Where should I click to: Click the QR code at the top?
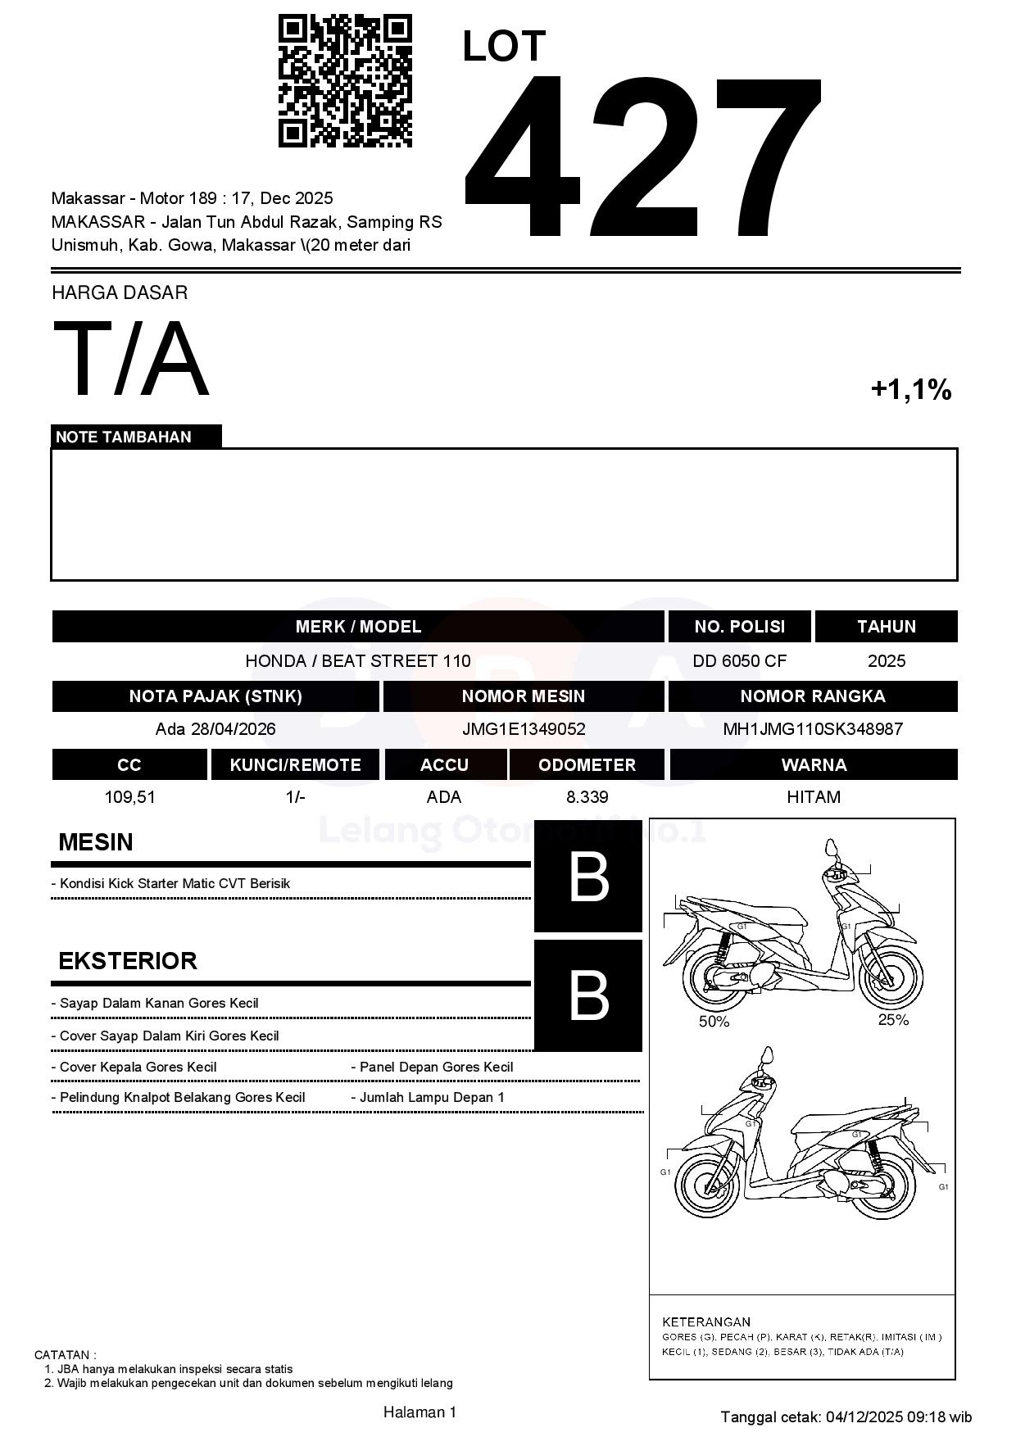[x=345, y=80]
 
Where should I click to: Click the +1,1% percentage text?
[x=910, y=390]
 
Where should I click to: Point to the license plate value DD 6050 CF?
[x=739, y=661]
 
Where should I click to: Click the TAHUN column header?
[x=886, y=627]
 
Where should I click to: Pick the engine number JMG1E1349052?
[x=524, y=729]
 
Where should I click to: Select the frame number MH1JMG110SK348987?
[x=813, y=729]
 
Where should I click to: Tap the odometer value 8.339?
[x=587, y=797]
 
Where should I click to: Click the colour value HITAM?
[x=813, y=797]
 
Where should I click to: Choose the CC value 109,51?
[x=129, y=797]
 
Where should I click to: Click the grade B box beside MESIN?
[x=588, y=877]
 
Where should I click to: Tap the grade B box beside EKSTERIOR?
[x=588, y=995]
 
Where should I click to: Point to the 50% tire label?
[x=714, y=1022]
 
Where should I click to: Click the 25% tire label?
[x=893, y=1020]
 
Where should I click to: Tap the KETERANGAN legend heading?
[x=705, y=1321]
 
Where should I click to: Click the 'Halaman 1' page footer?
[x=420, y=1412]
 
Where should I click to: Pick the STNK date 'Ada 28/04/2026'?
[x=215, y=729]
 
